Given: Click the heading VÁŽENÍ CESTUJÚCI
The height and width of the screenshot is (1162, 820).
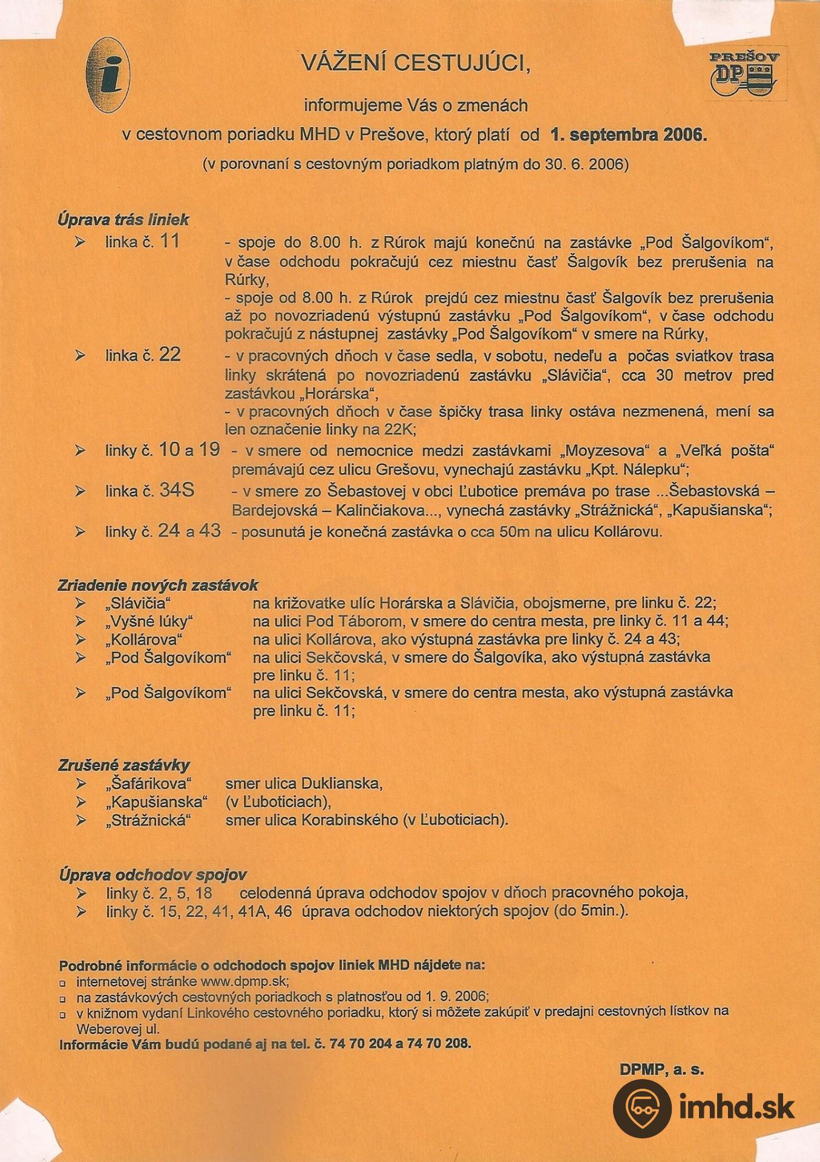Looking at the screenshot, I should tap(416, 63).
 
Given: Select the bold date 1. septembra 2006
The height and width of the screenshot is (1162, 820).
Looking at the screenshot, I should tap(628, 135).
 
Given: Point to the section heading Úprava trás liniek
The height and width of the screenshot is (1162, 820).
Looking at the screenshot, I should tap(123, 219).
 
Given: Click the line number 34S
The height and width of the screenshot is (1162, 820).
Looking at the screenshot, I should tap(177, 490).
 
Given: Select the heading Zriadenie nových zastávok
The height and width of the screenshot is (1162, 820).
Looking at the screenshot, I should tap(158, 585).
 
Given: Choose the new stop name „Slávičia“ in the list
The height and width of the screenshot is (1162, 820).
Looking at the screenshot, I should tap(138, 603).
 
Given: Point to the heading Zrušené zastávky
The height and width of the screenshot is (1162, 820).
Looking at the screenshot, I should tap(124, 765).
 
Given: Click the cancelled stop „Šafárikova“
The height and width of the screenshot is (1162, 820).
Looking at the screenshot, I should tap(148, 784).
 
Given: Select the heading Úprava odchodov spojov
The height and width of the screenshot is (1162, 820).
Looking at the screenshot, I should tap(153, 875).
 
